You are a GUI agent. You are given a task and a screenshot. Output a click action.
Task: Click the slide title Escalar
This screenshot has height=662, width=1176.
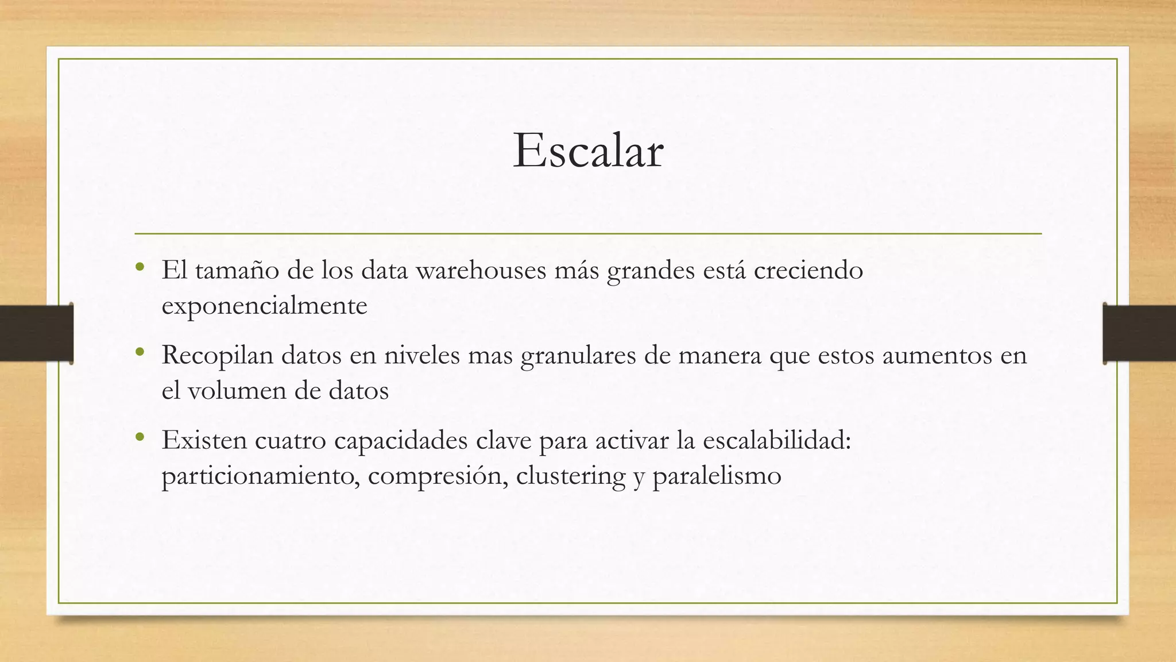(588, 151)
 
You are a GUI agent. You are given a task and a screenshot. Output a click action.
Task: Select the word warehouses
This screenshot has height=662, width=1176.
(481, 270)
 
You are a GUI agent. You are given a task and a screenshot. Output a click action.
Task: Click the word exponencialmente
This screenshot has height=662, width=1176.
(264, 306)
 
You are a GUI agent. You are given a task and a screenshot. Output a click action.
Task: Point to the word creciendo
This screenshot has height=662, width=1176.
(808, 270)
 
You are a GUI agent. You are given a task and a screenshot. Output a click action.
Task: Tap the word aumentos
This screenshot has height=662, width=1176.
(937, 355)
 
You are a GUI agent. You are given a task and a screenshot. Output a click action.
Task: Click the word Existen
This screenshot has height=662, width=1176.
(203, 440)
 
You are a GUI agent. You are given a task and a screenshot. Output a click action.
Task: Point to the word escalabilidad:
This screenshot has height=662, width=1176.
(777, 440)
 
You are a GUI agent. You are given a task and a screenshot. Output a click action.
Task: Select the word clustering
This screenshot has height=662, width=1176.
(571, 476)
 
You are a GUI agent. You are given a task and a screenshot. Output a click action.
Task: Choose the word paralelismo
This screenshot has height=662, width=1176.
(717, 476)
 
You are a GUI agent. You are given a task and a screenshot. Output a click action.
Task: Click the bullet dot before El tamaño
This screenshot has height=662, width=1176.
(140, 267)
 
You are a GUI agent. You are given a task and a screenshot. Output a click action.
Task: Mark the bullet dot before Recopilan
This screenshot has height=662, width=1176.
(140, 352)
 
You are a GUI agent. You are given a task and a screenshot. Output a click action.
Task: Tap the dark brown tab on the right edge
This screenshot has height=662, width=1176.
(1139, 333)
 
